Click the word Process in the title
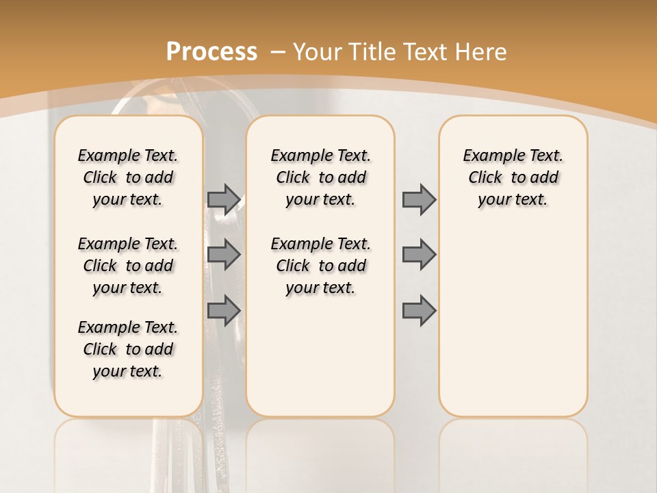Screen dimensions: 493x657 click(211, 51)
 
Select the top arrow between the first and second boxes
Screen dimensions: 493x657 click(223, 199)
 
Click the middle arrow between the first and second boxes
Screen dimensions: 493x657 click(223, 255)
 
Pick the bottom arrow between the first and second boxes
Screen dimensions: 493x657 click(223, 311)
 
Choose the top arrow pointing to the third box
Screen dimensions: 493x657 click(419, 199)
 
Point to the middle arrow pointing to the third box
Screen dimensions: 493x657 click(419, 255)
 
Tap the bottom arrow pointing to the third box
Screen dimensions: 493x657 click(419, 311)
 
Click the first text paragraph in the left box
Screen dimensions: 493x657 click(128, 177)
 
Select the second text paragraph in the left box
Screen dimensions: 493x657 click(128, 266)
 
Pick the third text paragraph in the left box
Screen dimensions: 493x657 click(128, 349)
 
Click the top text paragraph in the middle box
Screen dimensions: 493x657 click(320, 177)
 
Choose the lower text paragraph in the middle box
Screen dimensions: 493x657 click(320, 266)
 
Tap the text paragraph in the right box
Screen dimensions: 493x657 click(513, 177)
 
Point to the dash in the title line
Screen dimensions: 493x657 click(277, 51)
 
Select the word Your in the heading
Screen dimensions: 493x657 click(319, 51)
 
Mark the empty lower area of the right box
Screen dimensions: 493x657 click(513, 322)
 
